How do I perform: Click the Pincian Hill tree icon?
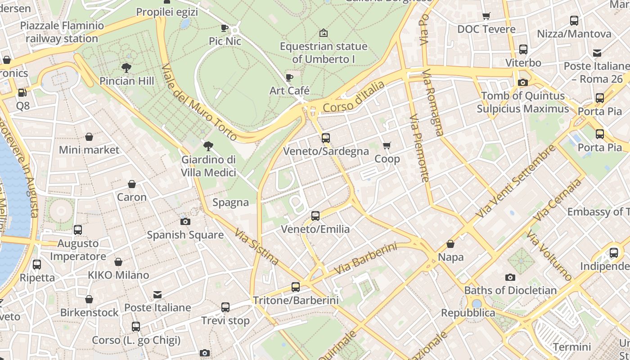126,68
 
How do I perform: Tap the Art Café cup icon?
289,77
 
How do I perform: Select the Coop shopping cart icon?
387,145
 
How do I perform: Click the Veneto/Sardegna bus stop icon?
326,138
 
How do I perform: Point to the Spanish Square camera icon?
185,221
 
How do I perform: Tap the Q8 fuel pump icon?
22,93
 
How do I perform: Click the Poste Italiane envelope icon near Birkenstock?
157,295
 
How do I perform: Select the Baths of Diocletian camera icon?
510,277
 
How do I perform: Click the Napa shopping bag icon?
450,244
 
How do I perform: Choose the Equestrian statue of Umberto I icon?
323,33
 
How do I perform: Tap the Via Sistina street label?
256,246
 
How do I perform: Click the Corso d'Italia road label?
354,97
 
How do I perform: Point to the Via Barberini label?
366,259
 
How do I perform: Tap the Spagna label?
230,202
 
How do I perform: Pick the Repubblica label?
468,313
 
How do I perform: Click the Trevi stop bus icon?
225,307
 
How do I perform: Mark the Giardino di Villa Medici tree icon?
208,146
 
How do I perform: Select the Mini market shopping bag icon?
89,137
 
